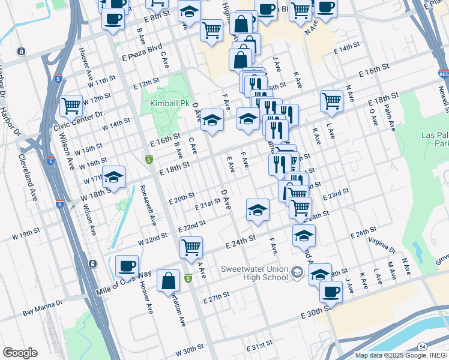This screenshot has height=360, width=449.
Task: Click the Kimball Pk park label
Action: (165, 103)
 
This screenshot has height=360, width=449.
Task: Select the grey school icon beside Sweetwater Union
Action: (296, 273)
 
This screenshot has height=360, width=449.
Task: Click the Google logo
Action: (20, 353)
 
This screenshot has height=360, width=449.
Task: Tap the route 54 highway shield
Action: (423, 347)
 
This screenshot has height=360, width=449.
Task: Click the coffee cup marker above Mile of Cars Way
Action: (127, 266)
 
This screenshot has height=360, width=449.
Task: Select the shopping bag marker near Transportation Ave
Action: (169, 280)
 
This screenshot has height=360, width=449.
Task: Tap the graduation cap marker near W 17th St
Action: (113, 176)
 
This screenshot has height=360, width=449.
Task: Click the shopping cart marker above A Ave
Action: (191, 247)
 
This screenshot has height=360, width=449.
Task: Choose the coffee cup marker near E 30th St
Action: (331, 292)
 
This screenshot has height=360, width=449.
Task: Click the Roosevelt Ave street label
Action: (146, 205)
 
